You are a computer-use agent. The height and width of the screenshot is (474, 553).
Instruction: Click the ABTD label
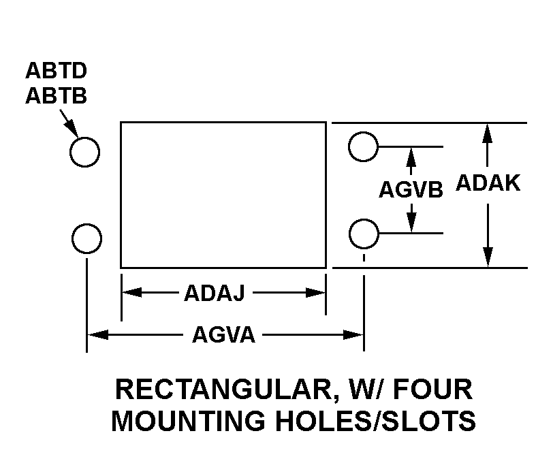pyautogui.click(x=56, y=71)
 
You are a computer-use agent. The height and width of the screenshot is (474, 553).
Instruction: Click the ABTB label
pyautogui.click(x=56, y=95)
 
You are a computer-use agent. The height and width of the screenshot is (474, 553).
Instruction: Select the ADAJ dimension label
pyautogui.click(x=215, y=293)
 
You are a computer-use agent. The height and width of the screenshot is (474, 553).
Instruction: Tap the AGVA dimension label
pyautogui.click(x=223, y=334)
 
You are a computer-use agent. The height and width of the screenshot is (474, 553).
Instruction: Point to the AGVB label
pyautogui.click(x=411, y=189)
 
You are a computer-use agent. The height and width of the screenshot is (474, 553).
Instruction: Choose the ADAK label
pyautogui.click(x=488, y=183)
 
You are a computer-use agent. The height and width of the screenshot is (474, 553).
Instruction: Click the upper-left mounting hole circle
pyautogui.click(x=84, y=152)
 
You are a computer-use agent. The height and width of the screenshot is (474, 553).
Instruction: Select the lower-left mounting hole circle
pyautogui.click(x=86, y=238)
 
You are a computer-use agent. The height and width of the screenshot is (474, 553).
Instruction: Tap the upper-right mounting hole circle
pyautogui.click(x=363, y=146)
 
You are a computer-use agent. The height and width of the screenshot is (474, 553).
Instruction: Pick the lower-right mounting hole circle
pyautogui.click(x=364, y=234)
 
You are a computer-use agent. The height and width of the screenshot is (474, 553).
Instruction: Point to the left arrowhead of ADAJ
pyautogui.click(x=132, y=292)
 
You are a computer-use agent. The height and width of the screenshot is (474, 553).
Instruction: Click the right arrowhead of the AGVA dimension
pyautogui.click(x=353, y=334)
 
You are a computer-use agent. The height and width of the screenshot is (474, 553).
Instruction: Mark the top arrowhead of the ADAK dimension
pyautogui.click(x=488, y=133)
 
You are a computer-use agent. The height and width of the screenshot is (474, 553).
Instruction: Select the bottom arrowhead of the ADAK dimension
pyautogui.click(x=488, y=257)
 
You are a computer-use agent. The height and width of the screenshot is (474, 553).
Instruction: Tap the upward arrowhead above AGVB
pyautogui.click(x=411, y=157)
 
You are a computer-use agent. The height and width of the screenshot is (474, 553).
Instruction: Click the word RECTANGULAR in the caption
pyautogui.click(x=225, y=390)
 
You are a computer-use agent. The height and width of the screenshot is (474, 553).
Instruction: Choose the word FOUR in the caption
pyautogui.click(x=432, y=390)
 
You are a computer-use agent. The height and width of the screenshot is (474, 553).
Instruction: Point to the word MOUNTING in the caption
pyautogui.click(x=189, y=421)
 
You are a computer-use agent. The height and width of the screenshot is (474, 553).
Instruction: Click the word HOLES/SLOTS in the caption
pyautogui.click(x=376, y=421)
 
